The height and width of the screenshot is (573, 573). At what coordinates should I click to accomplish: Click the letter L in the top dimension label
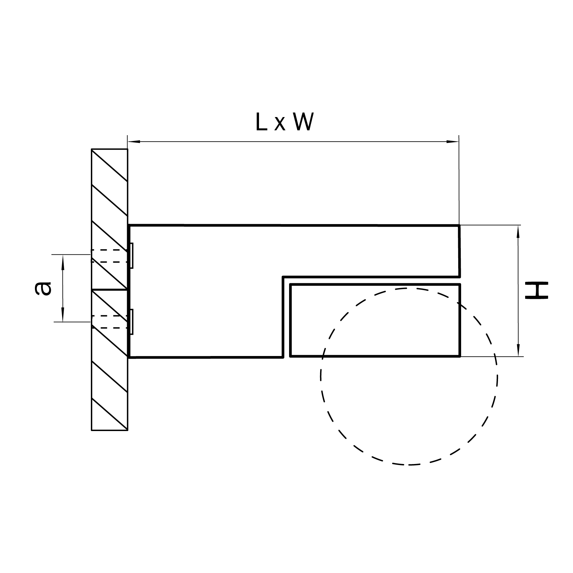[261, 122]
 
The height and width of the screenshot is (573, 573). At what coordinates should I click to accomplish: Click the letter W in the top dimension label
[303, 122]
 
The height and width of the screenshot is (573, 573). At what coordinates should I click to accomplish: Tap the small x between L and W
[280, 124]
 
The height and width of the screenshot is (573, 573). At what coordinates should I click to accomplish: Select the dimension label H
[536, 290]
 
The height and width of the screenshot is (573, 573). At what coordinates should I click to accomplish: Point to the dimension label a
[43, 288]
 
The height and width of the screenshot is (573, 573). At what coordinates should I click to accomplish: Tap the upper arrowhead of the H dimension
[518, 231]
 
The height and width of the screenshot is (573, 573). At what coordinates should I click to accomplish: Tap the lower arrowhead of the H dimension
[518, 351]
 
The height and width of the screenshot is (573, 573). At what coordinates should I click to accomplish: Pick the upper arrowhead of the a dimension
[63, 261]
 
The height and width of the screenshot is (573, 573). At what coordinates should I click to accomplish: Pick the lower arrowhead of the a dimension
[63, 316]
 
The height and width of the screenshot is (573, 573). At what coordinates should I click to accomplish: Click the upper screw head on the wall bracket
[131, 255]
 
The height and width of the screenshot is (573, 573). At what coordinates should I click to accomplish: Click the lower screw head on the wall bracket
[131, 322]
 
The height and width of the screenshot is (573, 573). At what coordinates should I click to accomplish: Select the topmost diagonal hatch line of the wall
[109, 165]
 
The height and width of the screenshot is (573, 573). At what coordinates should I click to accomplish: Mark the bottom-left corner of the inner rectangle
[291, 356]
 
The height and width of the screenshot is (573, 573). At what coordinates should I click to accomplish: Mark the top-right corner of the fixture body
[459, 226]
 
